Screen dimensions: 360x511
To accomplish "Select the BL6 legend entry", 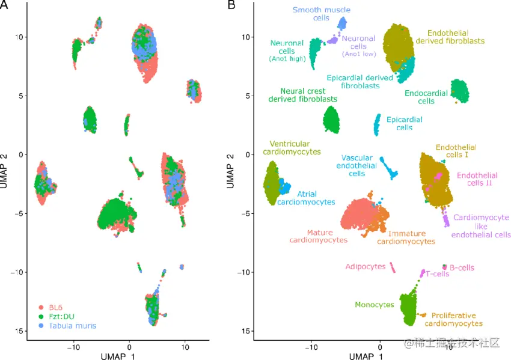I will (x=58, y=307).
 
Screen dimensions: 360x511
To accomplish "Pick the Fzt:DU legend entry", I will (x=62, y=316).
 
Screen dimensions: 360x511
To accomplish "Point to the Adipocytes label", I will (x=366, y=266).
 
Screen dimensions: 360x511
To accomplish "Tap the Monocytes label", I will (x=375, y=305).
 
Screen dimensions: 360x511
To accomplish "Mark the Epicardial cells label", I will (x=404, y=123).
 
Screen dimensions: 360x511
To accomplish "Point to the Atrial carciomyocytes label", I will (x=306, y=198).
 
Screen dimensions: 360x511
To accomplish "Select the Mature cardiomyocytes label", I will (x=319, y=236).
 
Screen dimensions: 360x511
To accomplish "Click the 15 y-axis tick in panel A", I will (x=19, y=331).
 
